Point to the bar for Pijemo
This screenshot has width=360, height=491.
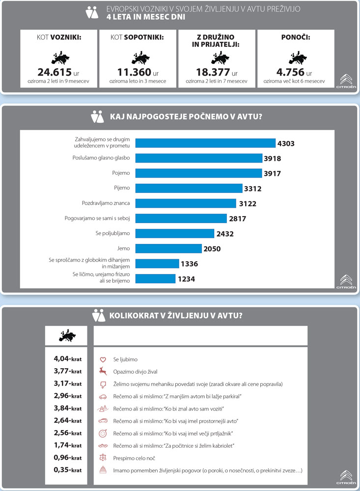pos(189,188)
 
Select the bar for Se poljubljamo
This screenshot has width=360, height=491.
pos(174,233)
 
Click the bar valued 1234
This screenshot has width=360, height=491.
pos(155,279)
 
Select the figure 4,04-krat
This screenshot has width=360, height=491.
pos(67,359)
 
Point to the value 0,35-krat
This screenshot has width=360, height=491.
pos(67,470)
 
